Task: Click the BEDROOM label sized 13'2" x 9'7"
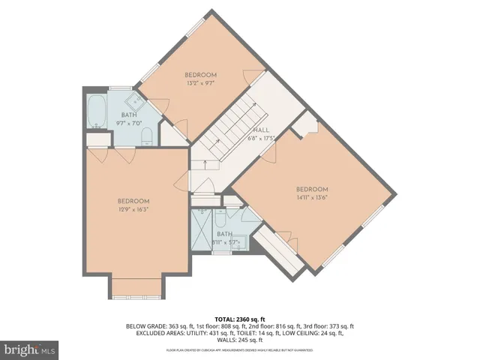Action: click(x=201, y=75)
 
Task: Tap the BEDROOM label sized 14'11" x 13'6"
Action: click(x=312, y=188)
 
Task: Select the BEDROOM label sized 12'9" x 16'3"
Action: click(x=133, y=201)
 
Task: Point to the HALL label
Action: click(x=261, y=130)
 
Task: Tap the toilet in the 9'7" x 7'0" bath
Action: click(x=147, y=136)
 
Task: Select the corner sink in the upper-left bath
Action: click(x=133, y=100)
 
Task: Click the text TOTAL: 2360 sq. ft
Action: click(x=239, y=319)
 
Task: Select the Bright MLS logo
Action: click(x=30, y=349)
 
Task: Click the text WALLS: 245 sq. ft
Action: click(x=240, y=340)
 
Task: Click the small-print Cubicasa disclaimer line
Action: click(x=239, y=350)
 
